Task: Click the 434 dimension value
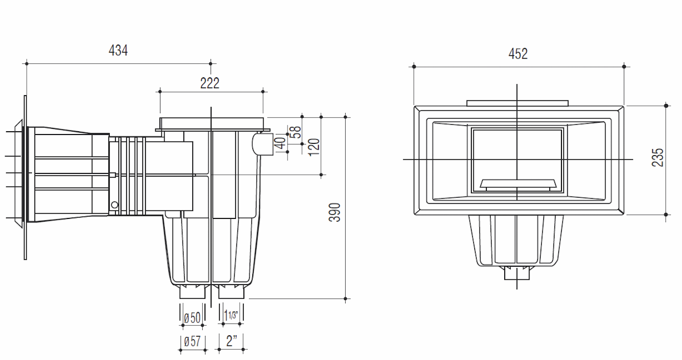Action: (x=118, y=50)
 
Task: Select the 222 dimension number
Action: (x=210, y=83)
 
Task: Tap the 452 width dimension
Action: (x=518, y=54)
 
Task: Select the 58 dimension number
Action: (x=295, y=132)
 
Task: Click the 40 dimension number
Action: (x=280, y=143)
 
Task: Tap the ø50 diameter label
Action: (x=192, y=318)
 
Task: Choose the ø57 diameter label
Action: (x=192, y=342)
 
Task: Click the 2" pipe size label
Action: (x=231, y=341)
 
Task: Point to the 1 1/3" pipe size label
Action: (x=231, y=315)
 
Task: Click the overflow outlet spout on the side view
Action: (x=263, y=144)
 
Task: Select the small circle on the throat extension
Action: (x=114, y=204)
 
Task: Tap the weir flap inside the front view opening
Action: (x=517, y=185)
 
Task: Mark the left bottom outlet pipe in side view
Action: (x=193, y=292)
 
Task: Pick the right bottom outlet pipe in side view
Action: (x=232, y=292)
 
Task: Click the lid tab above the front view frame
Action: (x=517, y=103)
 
